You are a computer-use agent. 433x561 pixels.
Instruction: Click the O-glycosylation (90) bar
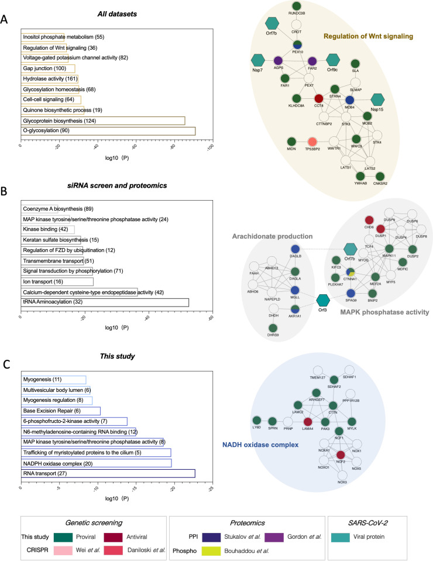[108, 130]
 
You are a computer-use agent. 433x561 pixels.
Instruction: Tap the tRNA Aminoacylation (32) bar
[105, 302]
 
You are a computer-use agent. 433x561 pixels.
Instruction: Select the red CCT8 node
[318, 98]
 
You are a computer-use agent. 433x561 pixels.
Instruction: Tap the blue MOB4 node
[350, 98]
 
